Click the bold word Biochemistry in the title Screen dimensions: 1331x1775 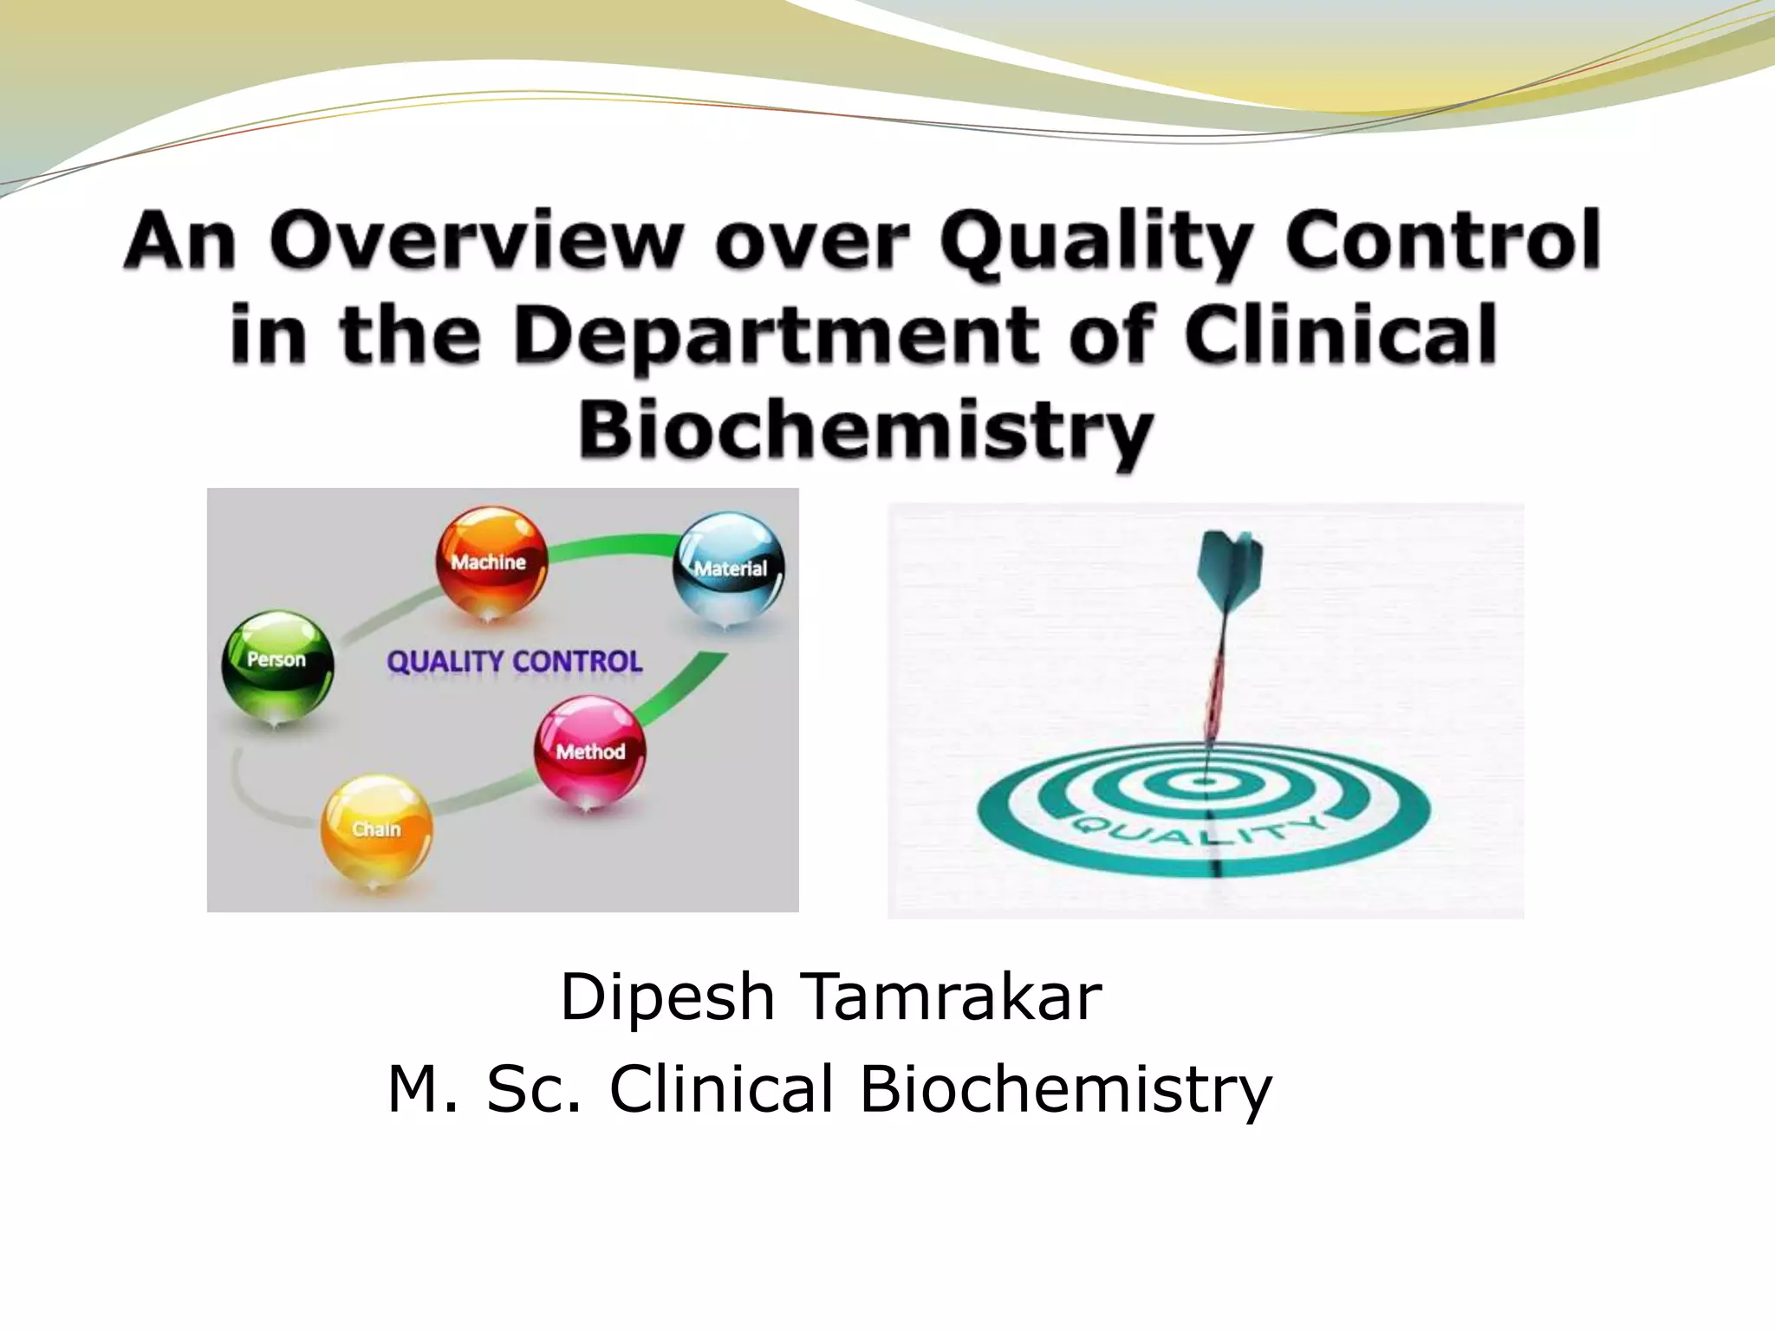pos(865,430)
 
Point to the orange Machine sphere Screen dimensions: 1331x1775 pos(491,562)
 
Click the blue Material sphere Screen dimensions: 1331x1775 pos(729,568)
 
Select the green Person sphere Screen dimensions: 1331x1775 pos(277,660)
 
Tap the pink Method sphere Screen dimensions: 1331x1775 pos(589,750)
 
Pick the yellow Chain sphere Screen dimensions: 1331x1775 pos(376,828)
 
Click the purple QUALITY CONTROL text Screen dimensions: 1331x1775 pos(514,662)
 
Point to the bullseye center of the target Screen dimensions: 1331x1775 pos(1205,782)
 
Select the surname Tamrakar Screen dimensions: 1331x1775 pos(953,997)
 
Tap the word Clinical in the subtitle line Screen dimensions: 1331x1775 pos(721,1088)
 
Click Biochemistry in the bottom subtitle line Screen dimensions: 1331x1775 pos(1065,1088)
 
